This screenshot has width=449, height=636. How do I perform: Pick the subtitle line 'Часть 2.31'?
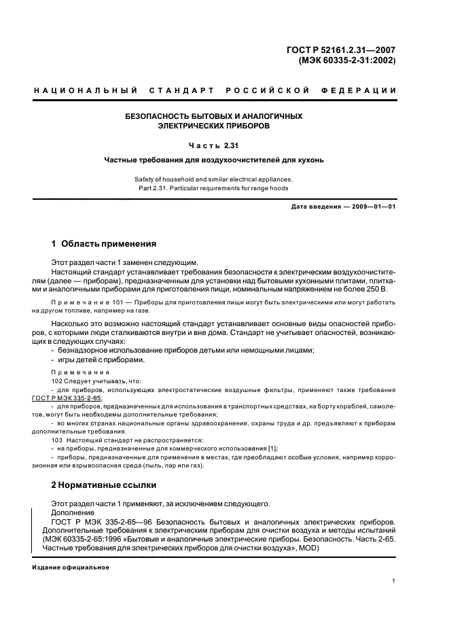pyautogui.click(x=213, y=145)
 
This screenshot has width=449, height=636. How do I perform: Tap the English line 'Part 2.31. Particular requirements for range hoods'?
pyautogui.click(x=213, y=188)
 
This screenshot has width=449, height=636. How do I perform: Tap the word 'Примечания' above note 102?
pyautogui.click(x=70, y=372)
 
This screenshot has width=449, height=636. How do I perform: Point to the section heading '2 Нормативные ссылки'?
pyautogui.click(x=104, y=485)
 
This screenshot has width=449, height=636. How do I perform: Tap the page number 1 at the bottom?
pyautogui.click(x=393, y=581)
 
